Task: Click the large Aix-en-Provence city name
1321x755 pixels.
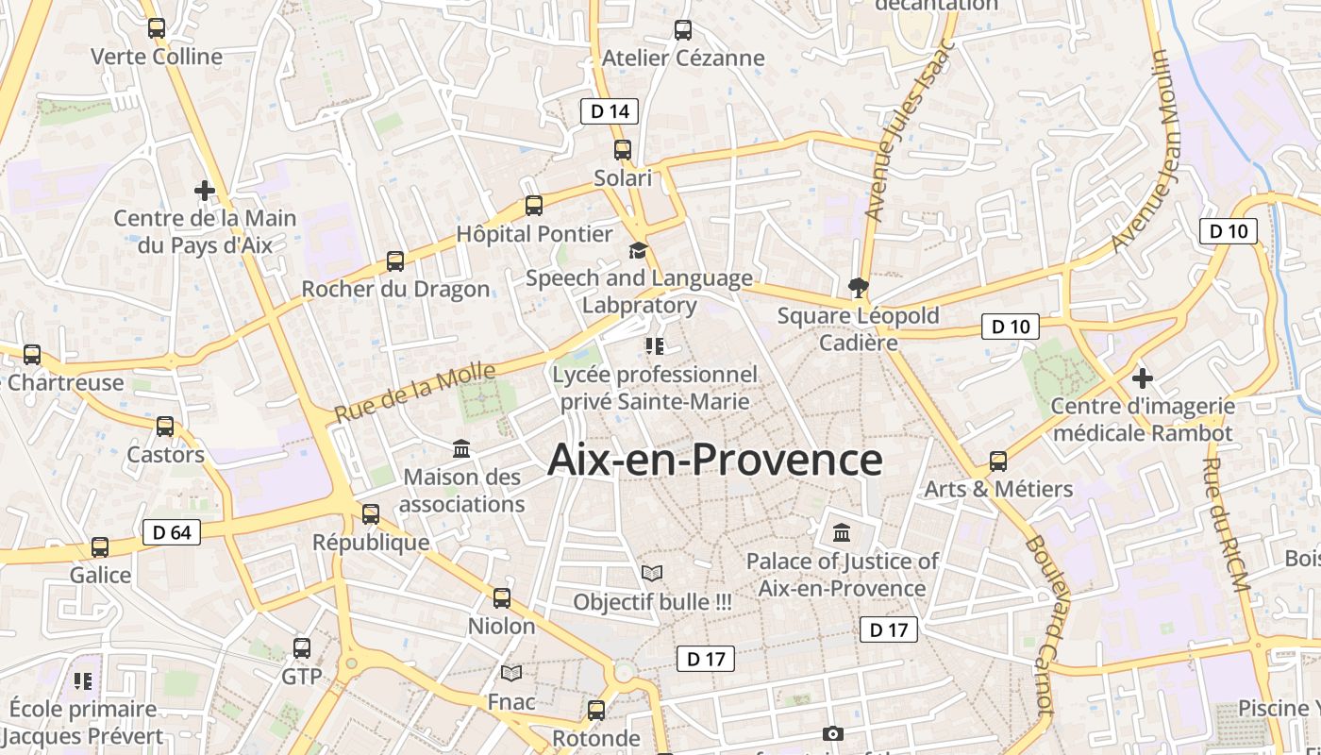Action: pos(714,461)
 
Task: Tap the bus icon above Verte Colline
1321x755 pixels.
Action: pos(157,28)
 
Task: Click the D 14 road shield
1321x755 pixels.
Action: pos(609,111)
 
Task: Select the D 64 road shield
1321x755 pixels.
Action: pos(172,532)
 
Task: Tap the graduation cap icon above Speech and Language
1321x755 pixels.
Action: pos(639,251)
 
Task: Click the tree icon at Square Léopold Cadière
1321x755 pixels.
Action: pos(859,287)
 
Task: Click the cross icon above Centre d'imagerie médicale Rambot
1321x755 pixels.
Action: pos(1142,378)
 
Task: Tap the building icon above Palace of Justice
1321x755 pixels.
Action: pos(842,533)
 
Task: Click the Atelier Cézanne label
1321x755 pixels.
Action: pos(683,58)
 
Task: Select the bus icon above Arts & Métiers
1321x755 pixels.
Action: pos(998,461)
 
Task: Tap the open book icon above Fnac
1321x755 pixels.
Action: pos(511,673)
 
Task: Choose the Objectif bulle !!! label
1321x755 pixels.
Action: pos(652,601)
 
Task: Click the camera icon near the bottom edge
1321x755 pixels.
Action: pos(832,733)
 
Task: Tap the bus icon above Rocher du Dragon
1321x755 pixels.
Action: pos(395,261)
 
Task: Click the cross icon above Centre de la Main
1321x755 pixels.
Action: pos(205,191)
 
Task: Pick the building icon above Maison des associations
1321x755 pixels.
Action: pos(461,448)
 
